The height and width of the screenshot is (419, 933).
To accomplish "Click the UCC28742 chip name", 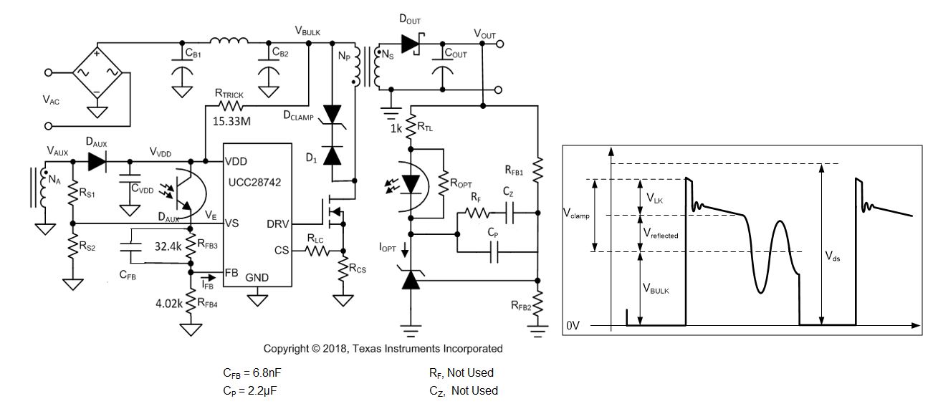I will tap(255, 183).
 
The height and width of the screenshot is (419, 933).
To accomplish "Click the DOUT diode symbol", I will tap(411, 44).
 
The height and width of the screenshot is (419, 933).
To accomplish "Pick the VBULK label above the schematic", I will tap(308, 30).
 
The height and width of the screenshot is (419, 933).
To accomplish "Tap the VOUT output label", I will tap(484, 33).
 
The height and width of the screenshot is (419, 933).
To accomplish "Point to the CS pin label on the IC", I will tap(282, 251).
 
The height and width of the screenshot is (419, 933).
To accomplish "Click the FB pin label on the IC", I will tap(232, 273).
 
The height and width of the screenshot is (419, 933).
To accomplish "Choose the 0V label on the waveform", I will tap(573, 325).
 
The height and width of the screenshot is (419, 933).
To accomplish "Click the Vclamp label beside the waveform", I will tap(576, 214).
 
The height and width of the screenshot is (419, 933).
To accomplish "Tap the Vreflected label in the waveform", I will tap(661, 233).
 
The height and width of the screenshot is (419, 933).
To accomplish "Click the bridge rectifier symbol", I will tap(96, 72).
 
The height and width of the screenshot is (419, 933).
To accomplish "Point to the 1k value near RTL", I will tap(396, 128).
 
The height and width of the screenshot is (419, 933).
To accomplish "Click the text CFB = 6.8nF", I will tap(257, 372).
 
